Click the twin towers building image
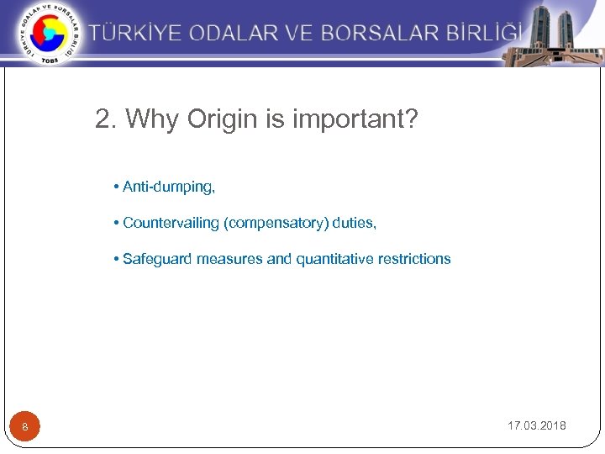[x=550, y=33]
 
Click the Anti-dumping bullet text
[x=168, y=187]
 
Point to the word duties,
[x=355, y=223]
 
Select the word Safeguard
[x=157, y=259]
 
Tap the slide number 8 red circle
[x=25, y=427]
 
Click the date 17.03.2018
[x=536, y=425]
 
